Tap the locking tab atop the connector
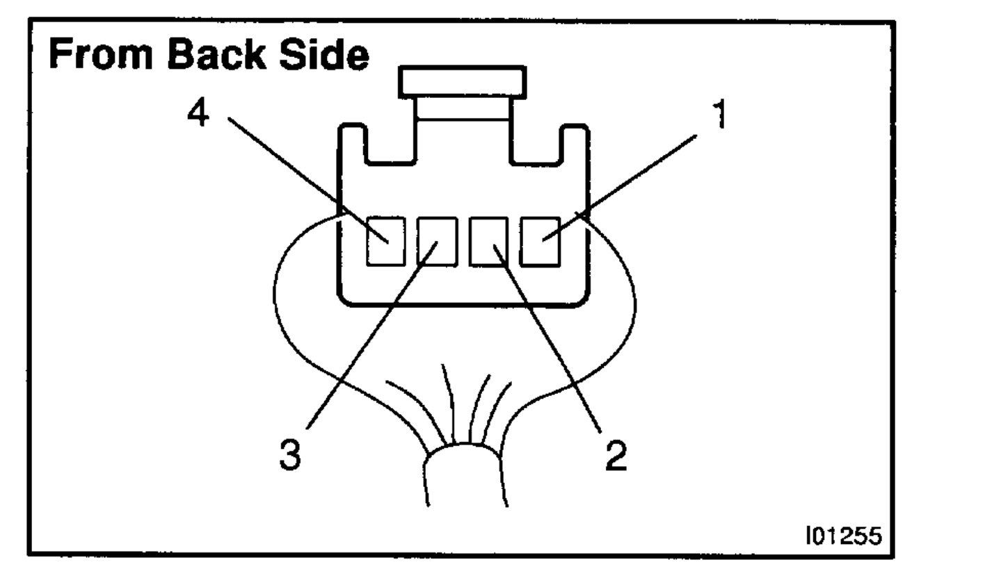pyautogui.click(x=462, y=82)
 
